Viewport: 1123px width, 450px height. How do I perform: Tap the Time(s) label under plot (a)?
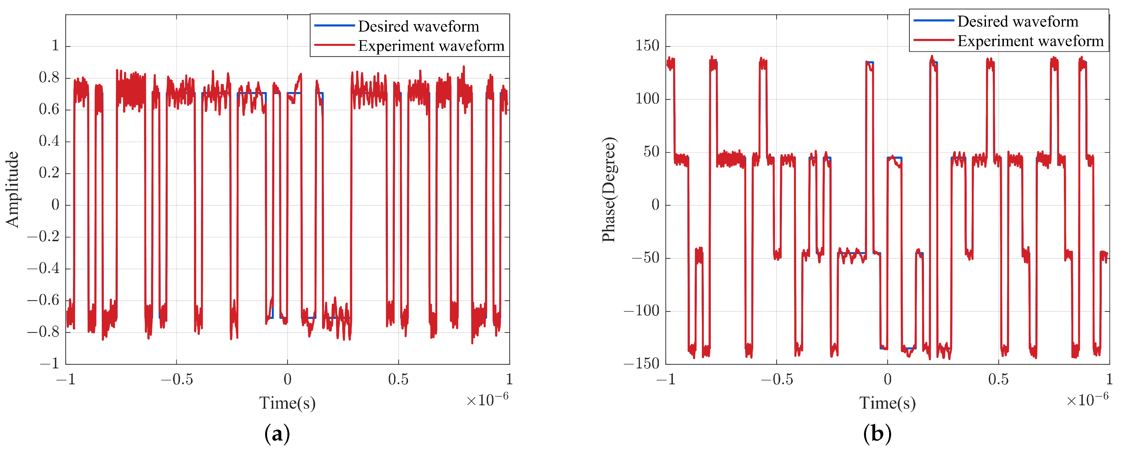(x=287, y=402)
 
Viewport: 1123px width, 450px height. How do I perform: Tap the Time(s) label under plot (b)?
(x=887, y=402)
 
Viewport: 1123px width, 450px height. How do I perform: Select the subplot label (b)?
(x=877, y=434)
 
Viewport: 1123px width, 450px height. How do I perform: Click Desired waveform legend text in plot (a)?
(x=419, y=26)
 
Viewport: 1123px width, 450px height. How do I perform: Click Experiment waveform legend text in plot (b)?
(x=1030, y=41)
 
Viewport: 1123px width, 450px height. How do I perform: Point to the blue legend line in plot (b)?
(x=934, y=20)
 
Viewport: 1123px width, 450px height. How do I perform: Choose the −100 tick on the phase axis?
(x=641, y=311)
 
